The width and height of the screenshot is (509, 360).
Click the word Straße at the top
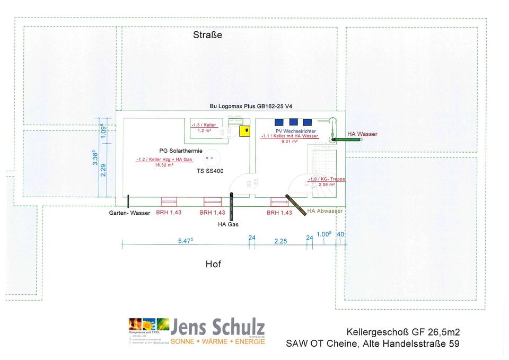(207, 36)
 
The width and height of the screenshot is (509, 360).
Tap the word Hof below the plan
(213, 264)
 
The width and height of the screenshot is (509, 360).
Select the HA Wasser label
(362, 134)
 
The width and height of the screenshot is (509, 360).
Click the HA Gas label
(228, 224)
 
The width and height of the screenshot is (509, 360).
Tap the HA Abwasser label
(325, 211)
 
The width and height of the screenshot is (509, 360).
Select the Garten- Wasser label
(129, 213)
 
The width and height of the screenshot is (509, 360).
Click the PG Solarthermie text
(181, 151)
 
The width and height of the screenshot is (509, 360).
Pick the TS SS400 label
(210, 171)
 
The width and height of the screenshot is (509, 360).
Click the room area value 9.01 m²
(289, 142)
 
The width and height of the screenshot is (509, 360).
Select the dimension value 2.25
(280, 241)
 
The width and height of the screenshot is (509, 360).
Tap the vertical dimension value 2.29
(103, 170)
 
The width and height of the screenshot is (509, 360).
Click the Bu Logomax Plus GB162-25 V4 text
(251, 107)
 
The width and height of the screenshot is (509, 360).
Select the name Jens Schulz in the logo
(218, 326)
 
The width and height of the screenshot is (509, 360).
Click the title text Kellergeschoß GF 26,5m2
(403, 332)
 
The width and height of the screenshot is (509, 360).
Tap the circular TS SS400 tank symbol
(210, 157)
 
